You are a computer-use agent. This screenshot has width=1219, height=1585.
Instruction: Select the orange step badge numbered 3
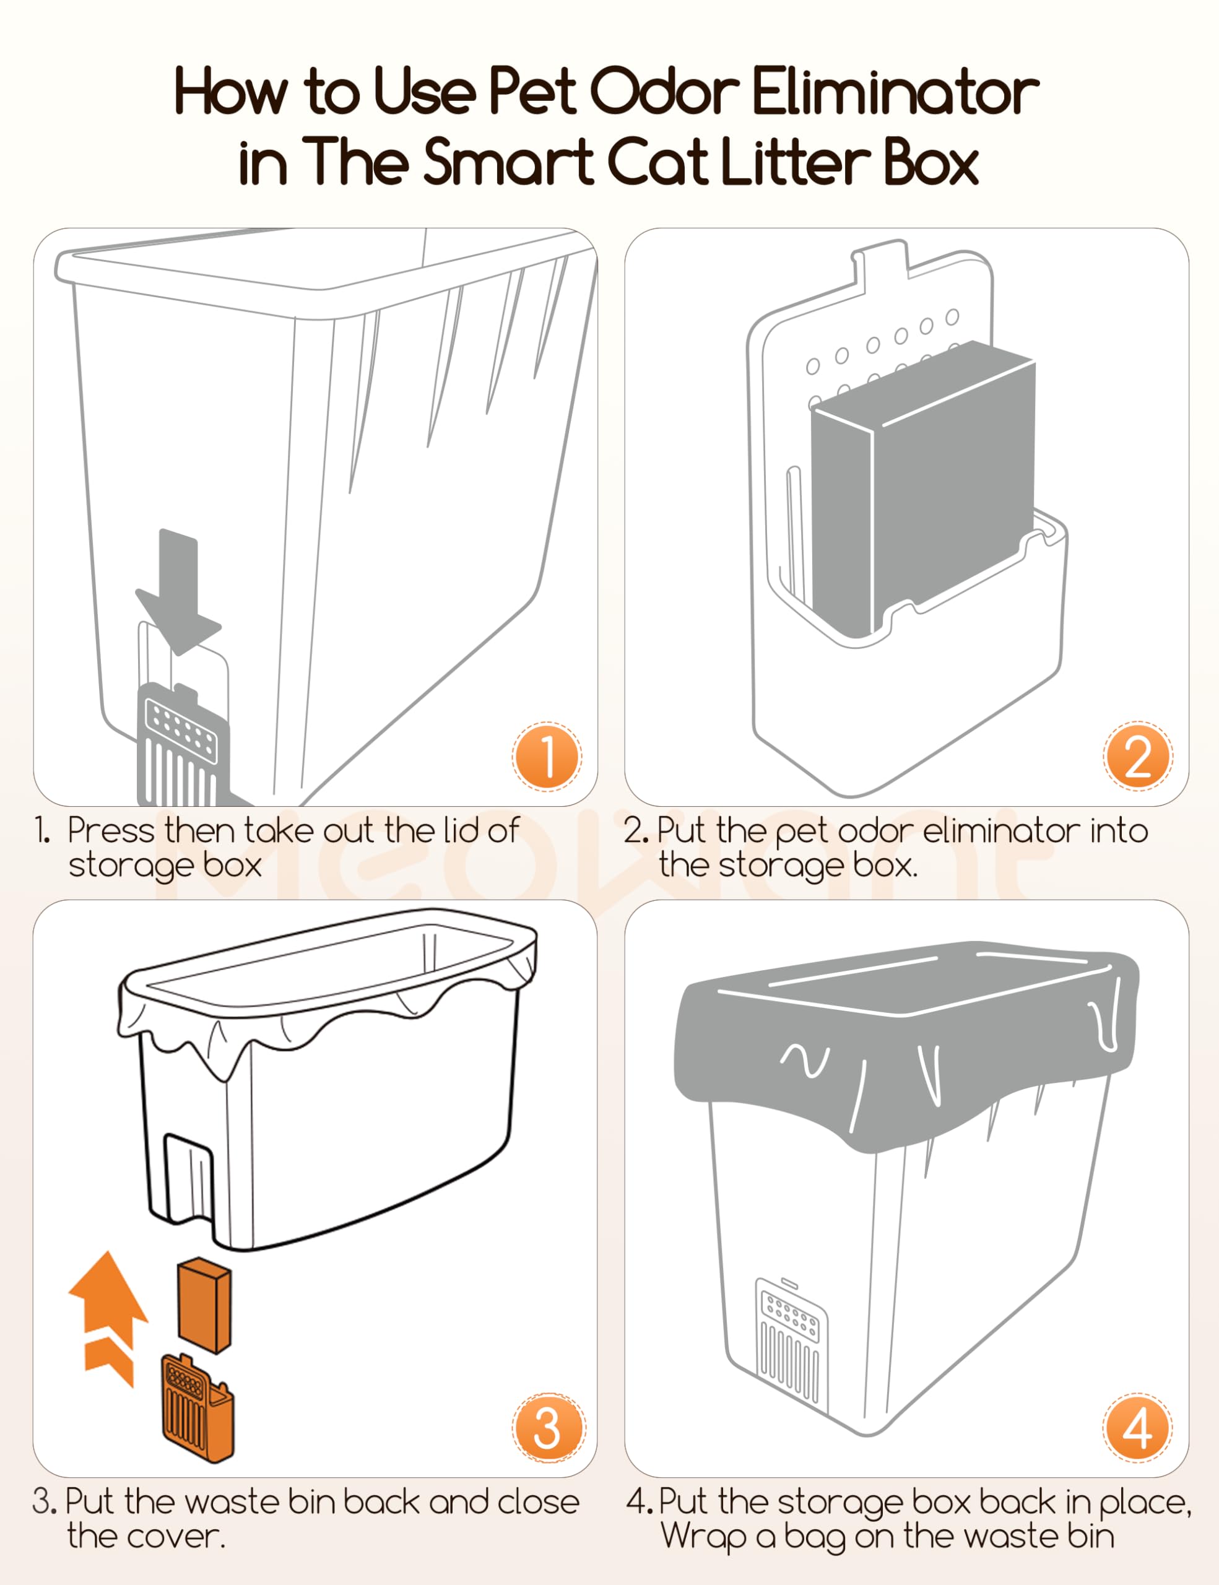548,1428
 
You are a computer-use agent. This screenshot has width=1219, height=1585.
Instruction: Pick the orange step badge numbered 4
1137,1428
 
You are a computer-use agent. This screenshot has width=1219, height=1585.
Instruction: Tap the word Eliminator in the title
895,92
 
